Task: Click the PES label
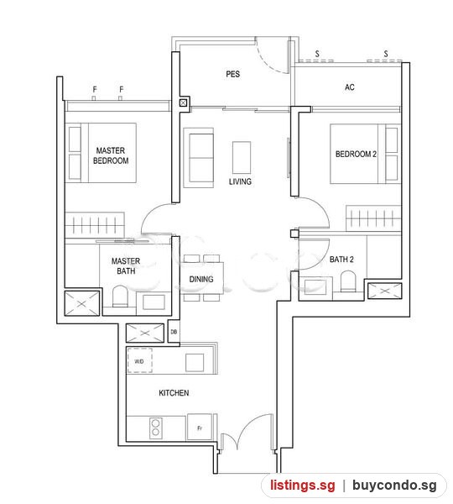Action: (x=232, y=74)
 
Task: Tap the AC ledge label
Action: (x=350, y=87)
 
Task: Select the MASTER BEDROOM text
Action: (x=111, y=155)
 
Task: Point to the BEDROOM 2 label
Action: (x=356, y=154)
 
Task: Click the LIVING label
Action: (x=240, y=181)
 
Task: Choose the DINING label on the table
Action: (x=201, y=280)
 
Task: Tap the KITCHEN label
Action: (x=174, y=393)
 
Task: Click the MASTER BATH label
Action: (x=126, y=265)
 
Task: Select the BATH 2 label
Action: (x=341, y=259)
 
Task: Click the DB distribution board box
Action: (x=174, y=332)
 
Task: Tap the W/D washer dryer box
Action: (x=139, y=360)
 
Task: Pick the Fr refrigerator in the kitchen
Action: (x=200, y=427)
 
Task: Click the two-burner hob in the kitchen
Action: (x=156, y=428)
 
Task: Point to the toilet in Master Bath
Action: (x=121, y=296)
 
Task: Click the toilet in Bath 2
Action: (x=348, y=281)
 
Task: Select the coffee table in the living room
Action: (x=242, y=158)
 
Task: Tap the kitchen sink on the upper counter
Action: (x=195, y=363)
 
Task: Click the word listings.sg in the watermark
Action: (x=303, y=485)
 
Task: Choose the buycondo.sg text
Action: (x=394, y=485)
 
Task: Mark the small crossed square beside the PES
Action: (x=183, y=102)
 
